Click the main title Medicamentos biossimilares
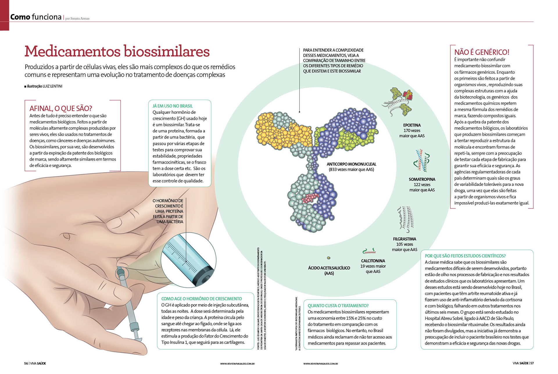click(x=117, y=52)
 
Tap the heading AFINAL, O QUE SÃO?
click(x=61, y=108)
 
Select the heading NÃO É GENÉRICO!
click(x=482, y=52)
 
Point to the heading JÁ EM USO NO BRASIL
click(x=173, y=106)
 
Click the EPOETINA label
click(x=412, y=125)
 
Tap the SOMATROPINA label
click(x=422, y=179)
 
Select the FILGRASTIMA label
click(x=405, y=239)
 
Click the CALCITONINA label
click(x=373, y=261)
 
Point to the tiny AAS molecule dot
click(x=329, y=258)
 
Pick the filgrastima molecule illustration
click(x=406, y=219)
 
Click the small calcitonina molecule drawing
click(x=369, y=251)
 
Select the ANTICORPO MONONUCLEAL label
click(x=351, y=164)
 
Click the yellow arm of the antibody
click(x=279, y=131)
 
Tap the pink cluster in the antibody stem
click(x=309, y=198)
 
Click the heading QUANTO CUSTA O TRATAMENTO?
click(x=338, y=305)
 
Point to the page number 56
click(x=26, y=363)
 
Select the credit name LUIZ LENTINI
click(x=52, y=86)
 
